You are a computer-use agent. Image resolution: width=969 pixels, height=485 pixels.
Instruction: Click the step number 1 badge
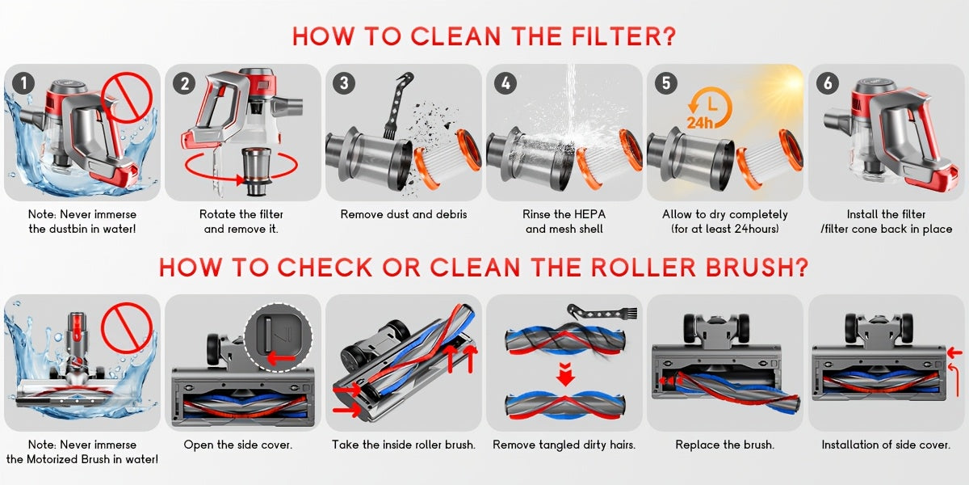tap(23, 83)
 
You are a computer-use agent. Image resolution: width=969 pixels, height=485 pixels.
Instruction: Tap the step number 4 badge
tap(505, 83)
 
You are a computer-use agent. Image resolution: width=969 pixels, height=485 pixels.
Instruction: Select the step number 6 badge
tap(827, 83)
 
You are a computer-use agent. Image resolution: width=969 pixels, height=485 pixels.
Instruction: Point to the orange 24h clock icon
tap(710, 108)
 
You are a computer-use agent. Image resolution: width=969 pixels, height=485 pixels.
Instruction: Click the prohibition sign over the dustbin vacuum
tap(127, 98)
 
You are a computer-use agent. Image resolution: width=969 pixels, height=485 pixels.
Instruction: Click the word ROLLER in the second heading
tap(644, 268)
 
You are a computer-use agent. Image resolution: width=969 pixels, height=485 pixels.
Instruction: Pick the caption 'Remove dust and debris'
tap(404, 214)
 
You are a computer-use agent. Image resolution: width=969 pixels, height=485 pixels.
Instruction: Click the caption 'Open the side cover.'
tap(238, 445)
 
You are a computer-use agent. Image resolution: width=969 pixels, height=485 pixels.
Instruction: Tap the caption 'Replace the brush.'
tap(724, 445)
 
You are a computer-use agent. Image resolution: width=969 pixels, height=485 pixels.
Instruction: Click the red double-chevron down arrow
tap(565, 374)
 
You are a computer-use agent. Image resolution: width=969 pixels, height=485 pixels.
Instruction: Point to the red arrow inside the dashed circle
tap(281, 358)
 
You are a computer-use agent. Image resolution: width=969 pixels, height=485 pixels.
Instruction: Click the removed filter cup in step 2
tap(257, 171)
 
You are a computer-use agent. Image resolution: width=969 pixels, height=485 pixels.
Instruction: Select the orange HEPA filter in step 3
tap(447, 159)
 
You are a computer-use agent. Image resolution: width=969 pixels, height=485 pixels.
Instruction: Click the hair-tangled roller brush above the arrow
tap(565, 340)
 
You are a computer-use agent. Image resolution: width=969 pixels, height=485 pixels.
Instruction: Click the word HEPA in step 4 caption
tap(590, 214)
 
